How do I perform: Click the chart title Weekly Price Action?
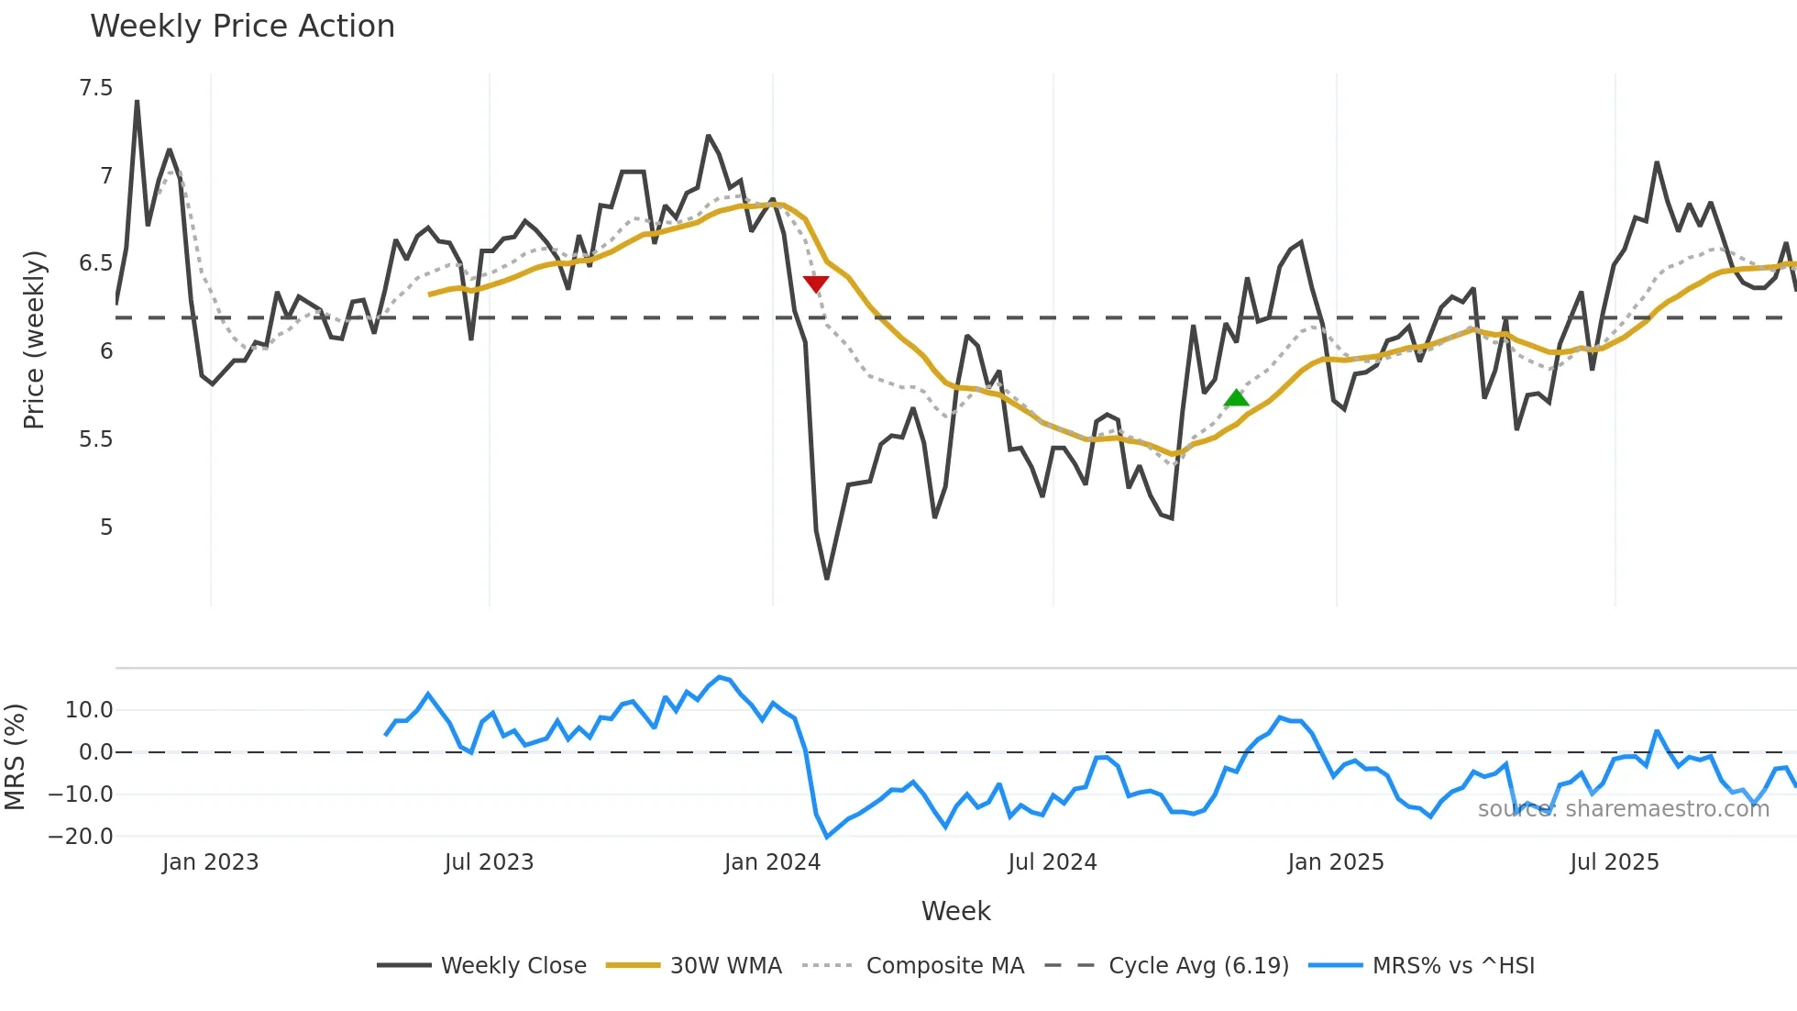(242, 27)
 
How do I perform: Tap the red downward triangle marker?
(815, 283)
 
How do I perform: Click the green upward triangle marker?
(1236, 398)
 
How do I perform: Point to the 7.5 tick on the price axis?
(95, 88)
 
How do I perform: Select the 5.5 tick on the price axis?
(95, 439)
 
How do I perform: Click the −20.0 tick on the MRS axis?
(81, 837)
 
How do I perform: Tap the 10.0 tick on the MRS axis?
(89, 710)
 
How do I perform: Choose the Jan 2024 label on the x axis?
(772, 862)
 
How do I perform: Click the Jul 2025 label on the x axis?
(1614, 862)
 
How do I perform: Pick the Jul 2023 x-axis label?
(489, 862)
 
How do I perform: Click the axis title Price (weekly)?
(34, 339)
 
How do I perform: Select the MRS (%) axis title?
(16, 757)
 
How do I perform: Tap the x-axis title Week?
(955, 911)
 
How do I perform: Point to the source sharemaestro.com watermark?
(1623, 809)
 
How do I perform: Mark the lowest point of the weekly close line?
(826, 578)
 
